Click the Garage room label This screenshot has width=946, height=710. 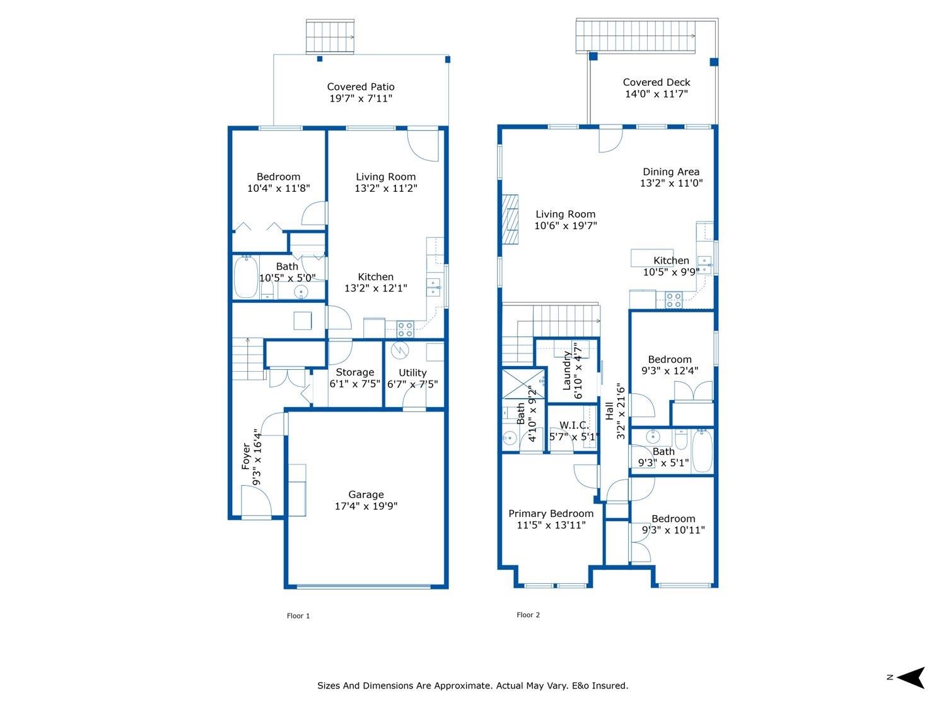point(366,495)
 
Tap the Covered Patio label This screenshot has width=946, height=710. point(361,87)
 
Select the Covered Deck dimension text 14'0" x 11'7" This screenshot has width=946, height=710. point(656,94)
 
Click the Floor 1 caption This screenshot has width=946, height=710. point(298,616)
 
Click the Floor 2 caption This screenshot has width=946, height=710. point(528,615)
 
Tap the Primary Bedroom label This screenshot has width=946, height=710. point(551,514)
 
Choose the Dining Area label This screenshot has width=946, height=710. point(671,172)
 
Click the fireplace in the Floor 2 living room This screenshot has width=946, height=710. point(510,218)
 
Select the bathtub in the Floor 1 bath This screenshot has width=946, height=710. point(245,277)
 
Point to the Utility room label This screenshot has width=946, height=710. point(412,372)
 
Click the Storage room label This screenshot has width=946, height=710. point(354,372)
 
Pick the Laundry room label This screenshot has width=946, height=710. point(566,370)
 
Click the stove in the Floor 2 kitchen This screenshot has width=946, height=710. point(674,300)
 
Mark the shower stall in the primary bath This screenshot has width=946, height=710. point(518,384)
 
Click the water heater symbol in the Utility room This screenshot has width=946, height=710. point(400,350)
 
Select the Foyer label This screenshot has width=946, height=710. point(246,457)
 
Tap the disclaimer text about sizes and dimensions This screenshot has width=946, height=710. point(472,685)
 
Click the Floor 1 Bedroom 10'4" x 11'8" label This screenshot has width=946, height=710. point(278,177)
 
